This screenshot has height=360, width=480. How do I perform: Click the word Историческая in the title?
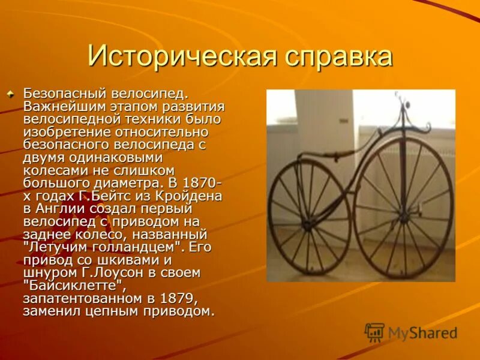[x=179, y=57]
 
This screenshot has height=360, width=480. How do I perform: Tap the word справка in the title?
[x=335, y=57]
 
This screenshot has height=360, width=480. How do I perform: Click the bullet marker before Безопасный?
[x=10, y=94]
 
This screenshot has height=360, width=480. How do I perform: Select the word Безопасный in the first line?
[x=64, y=94]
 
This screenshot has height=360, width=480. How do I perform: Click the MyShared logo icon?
[x=374, y=332]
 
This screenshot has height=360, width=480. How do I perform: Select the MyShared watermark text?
[x=422, y=333]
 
